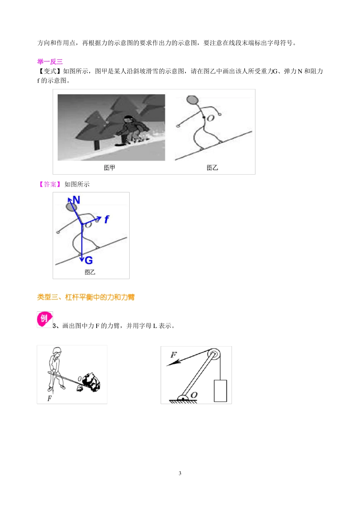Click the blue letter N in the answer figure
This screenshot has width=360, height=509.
click(76, 200)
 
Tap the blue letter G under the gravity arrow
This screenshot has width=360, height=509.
click(89, 261)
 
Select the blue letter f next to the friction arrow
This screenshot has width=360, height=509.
click(106, 219)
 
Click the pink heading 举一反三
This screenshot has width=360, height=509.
click(50, 62)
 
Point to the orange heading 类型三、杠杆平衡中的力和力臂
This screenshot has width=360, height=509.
click(86, 297)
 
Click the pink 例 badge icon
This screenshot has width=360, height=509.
click(44, 319)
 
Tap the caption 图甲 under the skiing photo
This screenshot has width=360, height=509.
click(110, 168)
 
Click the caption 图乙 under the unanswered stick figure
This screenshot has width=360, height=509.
click(212, 168)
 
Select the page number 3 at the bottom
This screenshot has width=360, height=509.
click(180, 473)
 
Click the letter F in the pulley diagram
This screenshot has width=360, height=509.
click(173, 355)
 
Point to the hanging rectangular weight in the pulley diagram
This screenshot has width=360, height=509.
click(220, 391)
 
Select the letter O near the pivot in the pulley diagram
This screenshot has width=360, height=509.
click(194, 395)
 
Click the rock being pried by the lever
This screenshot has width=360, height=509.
click(91, 382)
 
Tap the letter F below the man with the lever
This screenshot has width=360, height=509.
click(50, 398)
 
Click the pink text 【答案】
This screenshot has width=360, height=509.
click(50, 184)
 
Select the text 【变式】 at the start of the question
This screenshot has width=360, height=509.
click(50, 71)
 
